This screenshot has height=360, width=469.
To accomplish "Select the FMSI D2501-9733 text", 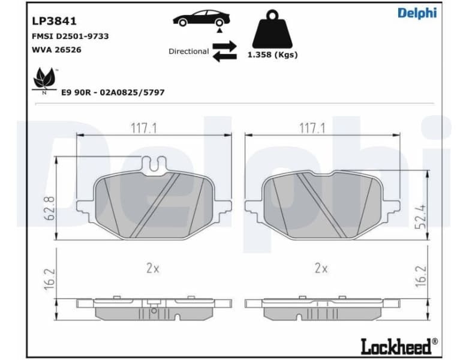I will (x=70, y=36).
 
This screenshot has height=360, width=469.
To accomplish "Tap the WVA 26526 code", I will (x=56, y=50).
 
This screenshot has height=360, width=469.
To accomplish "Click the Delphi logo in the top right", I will (x=417, y=13).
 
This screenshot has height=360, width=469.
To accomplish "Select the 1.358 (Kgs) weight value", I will (x=272, y=55).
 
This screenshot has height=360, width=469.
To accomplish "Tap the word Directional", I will (x=188, y=52).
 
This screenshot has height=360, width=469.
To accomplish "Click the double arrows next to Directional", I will (x=225, y=51).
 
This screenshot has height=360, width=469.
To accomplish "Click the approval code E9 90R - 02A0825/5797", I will (x=113, y=92).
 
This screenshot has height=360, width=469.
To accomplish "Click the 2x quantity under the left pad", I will (x=153, y=268).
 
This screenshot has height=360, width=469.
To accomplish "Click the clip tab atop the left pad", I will (x=154, y=163).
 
